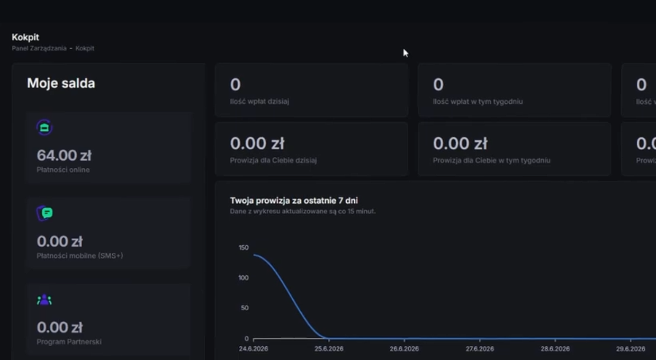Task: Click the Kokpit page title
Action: click(25, 38)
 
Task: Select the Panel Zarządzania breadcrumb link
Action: click(39, 48)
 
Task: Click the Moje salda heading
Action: click(61, 83)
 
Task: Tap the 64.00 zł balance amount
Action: click(64, 155)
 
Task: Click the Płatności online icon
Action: click(44, 128)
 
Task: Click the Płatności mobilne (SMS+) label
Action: click(79, 256)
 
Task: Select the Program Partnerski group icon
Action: click(44, 300)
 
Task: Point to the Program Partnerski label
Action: click(69, 342)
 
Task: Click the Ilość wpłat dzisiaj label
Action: click(259, 101)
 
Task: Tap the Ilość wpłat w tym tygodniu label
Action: click(478, 102)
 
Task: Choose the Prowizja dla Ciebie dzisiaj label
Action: click(273, 160)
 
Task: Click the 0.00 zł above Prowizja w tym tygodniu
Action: click(460, 143)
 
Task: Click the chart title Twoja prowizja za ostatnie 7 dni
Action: click(294, 201)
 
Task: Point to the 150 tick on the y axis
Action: click(244, 248)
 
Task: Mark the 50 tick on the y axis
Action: click(245, 308)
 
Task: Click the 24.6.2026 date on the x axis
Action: click(253, 349)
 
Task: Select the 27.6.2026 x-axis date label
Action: click(480, 349)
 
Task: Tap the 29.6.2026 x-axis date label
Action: click(631, 349)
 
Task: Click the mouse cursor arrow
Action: click(406, 53)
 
